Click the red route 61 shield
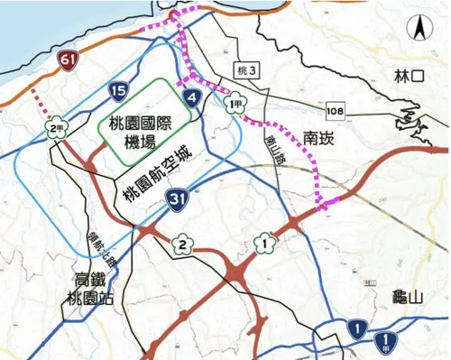(68, 61)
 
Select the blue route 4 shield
(191, 98)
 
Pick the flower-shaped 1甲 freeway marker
(235, 105)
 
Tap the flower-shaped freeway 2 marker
(181, 244)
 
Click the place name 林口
(409, 79)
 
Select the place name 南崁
(323, 140)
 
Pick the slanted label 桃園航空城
(159, 171)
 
